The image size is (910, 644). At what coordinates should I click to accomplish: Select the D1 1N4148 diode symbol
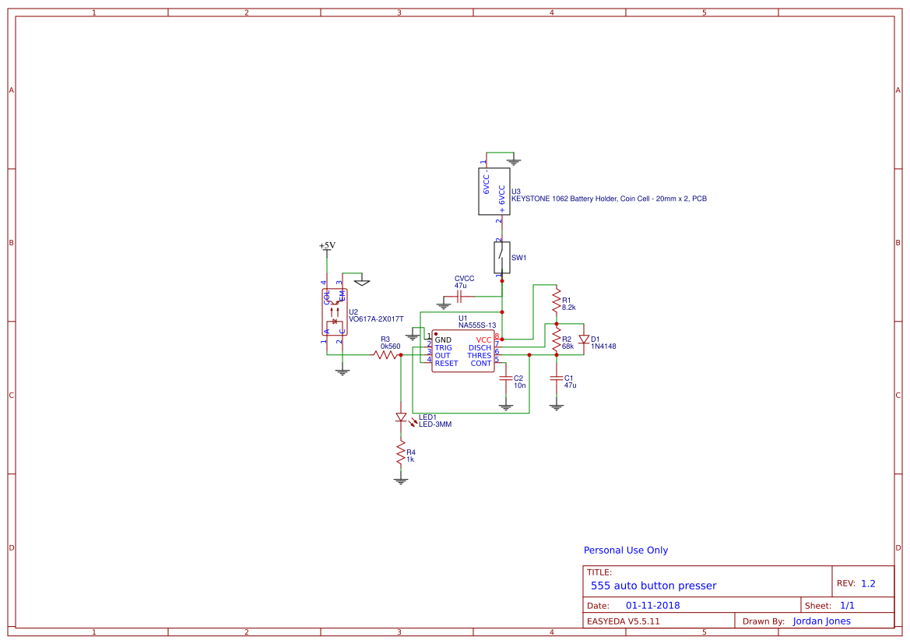583,339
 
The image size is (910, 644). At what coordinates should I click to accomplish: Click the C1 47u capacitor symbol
556,378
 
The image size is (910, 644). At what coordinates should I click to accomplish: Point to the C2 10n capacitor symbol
506,378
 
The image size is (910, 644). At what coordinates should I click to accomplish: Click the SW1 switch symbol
502,256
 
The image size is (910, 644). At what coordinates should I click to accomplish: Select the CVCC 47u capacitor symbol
460,296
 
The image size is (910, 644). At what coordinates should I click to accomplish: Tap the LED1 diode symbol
401,418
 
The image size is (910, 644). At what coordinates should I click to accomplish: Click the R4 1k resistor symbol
401,453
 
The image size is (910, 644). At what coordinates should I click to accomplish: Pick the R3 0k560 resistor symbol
386,354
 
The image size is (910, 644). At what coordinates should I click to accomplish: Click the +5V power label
327,245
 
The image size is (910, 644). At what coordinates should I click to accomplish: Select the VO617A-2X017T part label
376,318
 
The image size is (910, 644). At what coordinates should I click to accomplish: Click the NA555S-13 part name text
477,326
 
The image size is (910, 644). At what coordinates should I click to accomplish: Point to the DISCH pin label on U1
480,347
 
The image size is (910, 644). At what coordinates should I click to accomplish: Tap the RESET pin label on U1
446,363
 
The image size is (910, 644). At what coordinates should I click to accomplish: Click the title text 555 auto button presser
653,586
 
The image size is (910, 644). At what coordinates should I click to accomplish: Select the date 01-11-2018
652,605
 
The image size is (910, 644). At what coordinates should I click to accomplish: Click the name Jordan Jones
821,621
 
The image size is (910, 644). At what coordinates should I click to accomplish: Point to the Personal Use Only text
625,550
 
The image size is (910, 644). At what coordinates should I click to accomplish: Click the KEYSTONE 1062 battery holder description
609,199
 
